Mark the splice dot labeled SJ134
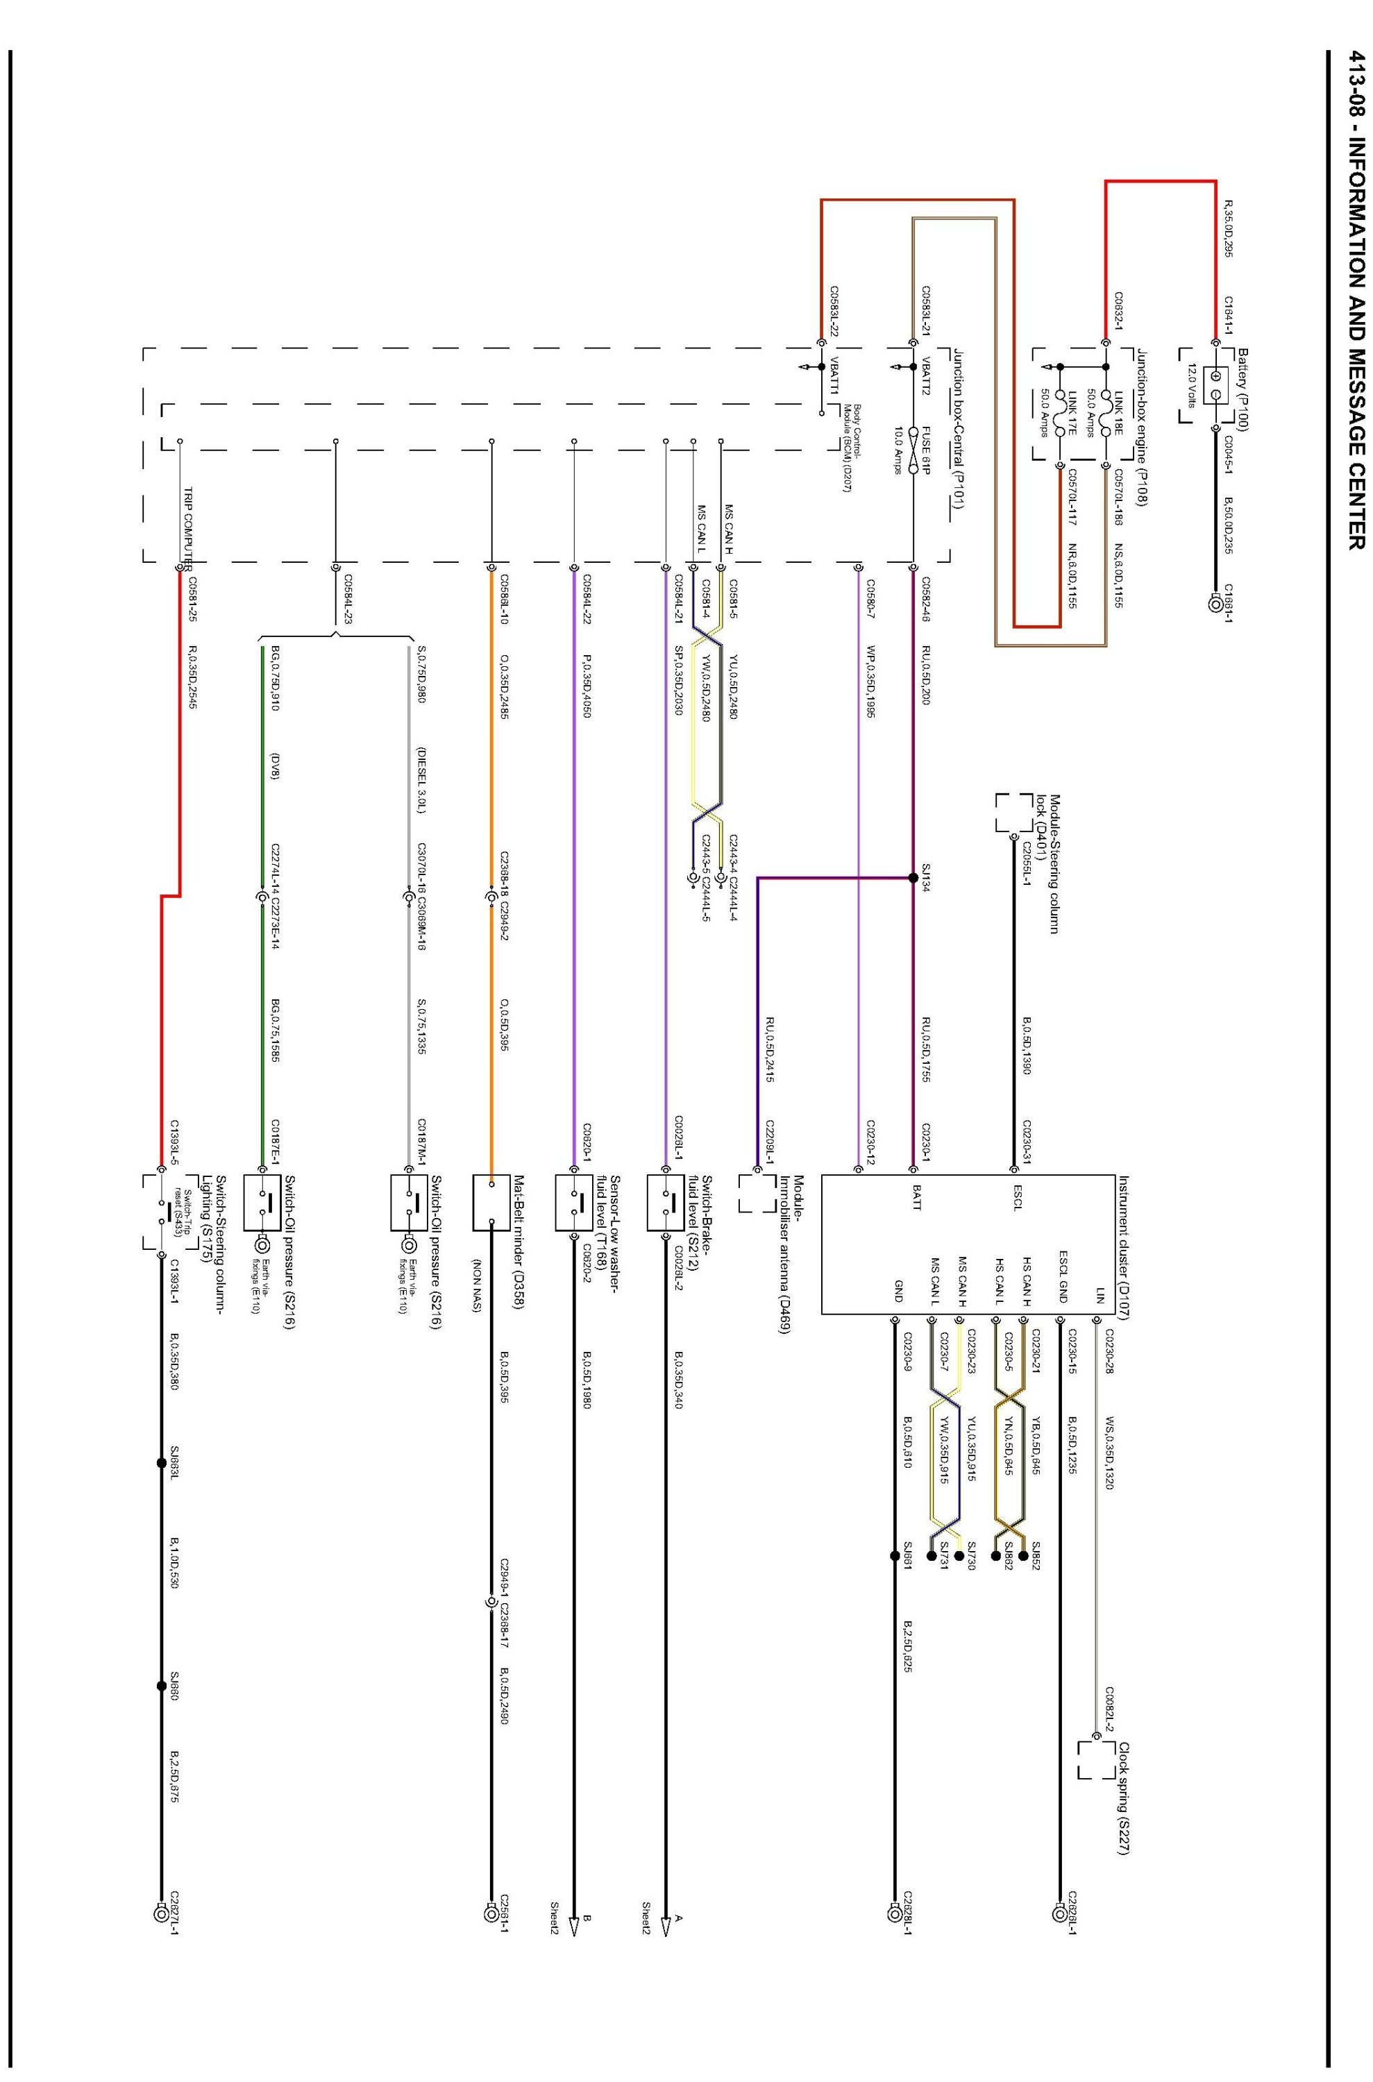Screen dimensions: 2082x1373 point(913,878)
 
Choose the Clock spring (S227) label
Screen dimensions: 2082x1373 point(1124,1800)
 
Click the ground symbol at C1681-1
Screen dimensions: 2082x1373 point(1215,604)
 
